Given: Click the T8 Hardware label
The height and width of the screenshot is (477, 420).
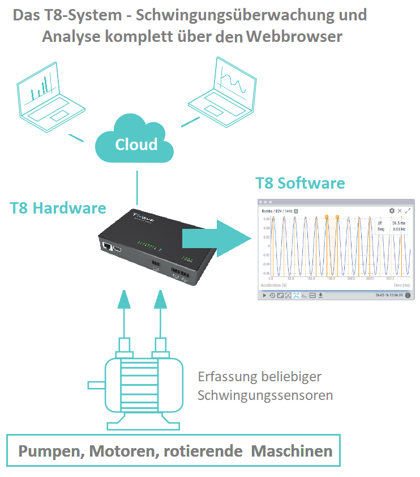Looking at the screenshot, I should click(58, 208).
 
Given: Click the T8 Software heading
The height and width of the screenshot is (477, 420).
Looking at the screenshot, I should click(300, 183).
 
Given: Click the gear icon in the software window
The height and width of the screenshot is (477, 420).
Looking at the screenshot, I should click(392, 211).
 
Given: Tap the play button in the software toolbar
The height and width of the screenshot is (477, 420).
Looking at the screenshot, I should click(264, 295).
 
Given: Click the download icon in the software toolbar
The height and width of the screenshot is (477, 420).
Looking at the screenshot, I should click(320, 295).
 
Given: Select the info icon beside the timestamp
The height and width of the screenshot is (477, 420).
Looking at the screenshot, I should click(408, 295).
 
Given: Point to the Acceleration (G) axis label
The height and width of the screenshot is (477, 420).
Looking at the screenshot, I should click(274, 286).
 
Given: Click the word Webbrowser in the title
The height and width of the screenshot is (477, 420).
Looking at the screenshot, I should click(294, 37).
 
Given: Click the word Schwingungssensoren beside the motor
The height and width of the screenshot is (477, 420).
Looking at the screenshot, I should click(265, 395).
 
